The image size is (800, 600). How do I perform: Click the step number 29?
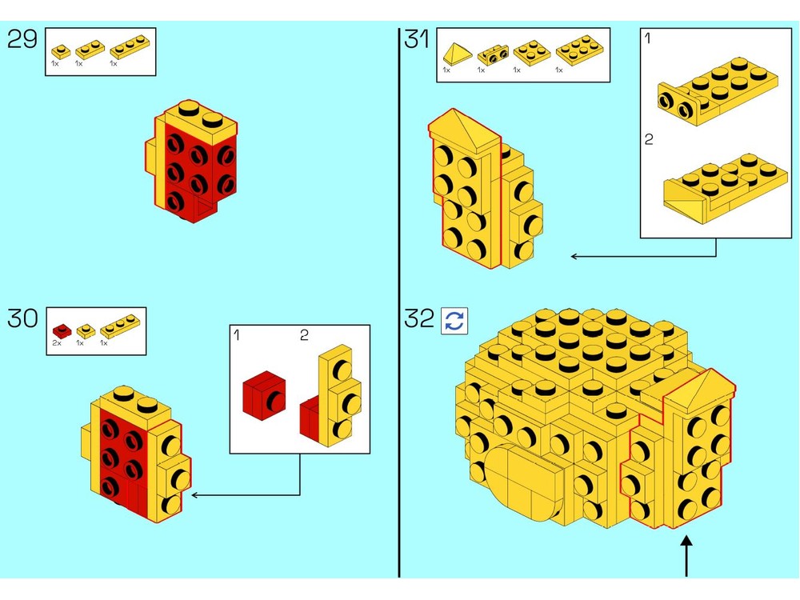click(22, 39)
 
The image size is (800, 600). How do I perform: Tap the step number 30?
click(23, 318)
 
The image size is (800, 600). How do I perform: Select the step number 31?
click(417, 39)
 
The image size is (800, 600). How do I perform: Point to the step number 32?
click(419, 318)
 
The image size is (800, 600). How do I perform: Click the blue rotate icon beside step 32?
click(454, 321)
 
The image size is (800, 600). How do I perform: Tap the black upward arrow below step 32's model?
click(686, 556)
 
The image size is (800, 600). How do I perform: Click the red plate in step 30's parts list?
click(62, 331)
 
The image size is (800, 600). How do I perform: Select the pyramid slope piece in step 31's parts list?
click(458, 54)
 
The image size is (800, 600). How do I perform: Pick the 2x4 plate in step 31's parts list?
click(579, 50)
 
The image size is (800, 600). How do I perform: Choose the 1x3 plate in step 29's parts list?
click(130, 46)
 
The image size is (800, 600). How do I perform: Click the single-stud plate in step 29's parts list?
click(62, 52)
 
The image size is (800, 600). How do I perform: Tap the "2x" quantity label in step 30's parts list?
click(57, 343)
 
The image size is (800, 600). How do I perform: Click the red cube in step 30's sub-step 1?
click(264, 395)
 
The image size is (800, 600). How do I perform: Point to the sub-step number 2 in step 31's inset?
click(649, 139)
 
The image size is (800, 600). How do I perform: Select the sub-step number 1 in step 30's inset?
click(236, 334)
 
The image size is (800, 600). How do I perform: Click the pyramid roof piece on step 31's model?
click(463, 130)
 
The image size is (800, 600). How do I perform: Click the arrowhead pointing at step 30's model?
click(194, 495)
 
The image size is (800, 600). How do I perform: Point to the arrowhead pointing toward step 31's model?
click(574, 256)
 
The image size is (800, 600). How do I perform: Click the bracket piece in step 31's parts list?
click(493, 55)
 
